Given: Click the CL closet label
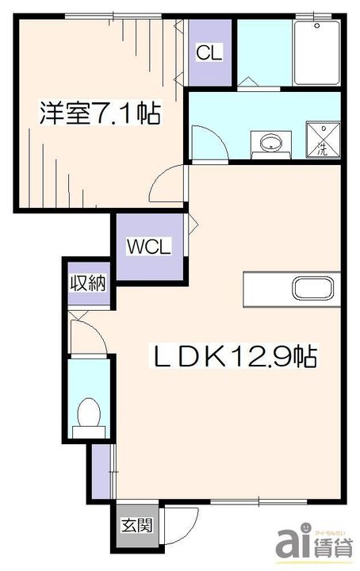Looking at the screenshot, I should (209, 53).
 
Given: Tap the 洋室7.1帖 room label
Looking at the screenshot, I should (101, 113).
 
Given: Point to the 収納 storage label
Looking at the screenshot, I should (86, 283).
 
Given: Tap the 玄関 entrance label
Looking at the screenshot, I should (132, 525).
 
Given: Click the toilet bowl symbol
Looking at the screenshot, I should (88, 415).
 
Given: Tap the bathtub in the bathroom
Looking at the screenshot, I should (317, 49).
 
